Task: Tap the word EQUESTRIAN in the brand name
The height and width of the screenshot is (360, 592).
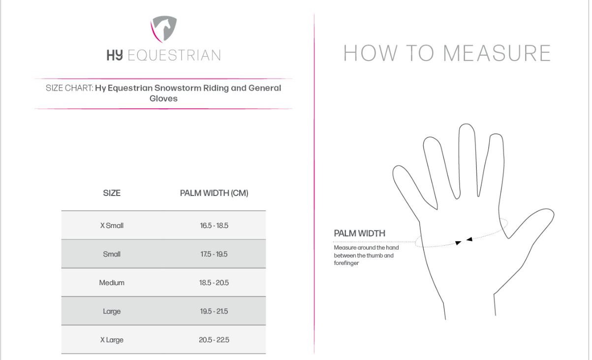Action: [x=174, y=55]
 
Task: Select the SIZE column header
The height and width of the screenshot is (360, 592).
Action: [x=112, y=193]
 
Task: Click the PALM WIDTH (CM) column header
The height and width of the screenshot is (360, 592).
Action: [x=214, y=193]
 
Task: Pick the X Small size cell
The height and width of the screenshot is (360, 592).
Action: [x=112, y=226]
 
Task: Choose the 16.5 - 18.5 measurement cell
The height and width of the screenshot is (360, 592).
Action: [x=214, y=226]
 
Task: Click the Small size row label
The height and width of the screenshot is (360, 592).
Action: [x=112, y=254]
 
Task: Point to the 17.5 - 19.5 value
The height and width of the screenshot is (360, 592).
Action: [x=214, y=254]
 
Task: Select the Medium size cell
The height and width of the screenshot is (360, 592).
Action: [x=112, y=283]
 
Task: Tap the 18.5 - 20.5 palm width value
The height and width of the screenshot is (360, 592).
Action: [x=214, y=283]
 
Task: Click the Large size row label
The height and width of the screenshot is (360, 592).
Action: [x=112, y=311]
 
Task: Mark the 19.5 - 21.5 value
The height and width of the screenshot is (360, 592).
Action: [x=214, y=311]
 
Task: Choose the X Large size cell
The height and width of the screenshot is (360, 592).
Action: [x=112, y=340]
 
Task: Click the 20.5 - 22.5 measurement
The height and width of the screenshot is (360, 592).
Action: [x=214, y=340]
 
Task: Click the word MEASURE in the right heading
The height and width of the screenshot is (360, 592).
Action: [x=497, y=53]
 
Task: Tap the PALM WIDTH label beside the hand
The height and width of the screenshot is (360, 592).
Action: [x=360, y=233]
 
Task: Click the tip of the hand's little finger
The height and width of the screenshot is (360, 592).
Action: [x=397, y=166]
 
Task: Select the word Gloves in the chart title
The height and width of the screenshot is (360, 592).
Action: [x=163, y=98]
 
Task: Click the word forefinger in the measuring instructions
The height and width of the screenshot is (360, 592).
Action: [x=346, y=263]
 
